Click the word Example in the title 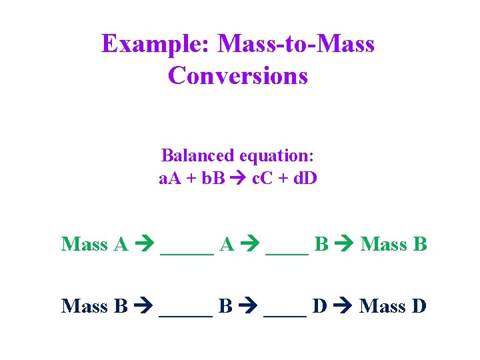pyautogui.click(x=156, y=45)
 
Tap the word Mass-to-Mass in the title pyautogui.click(x=296, y=45)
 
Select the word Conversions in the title pyautogui.click(x=238, y=75)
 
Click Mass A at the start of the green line pyautogui.click(x=94, y=244)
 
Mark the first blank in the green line pyautogui.click(x=187, y=248)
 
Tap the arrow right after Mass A pyautogui.click(x=144, y=245)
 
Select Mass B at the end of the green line pyautogui.click(x=393, y=244)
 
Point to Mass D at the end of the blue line pyautogui.click(x=393, y=306)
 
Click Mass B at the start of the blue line pyautogui.click(x=94, y=306)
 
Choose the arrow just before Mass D pyautogui.click(x=343, y=307)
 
